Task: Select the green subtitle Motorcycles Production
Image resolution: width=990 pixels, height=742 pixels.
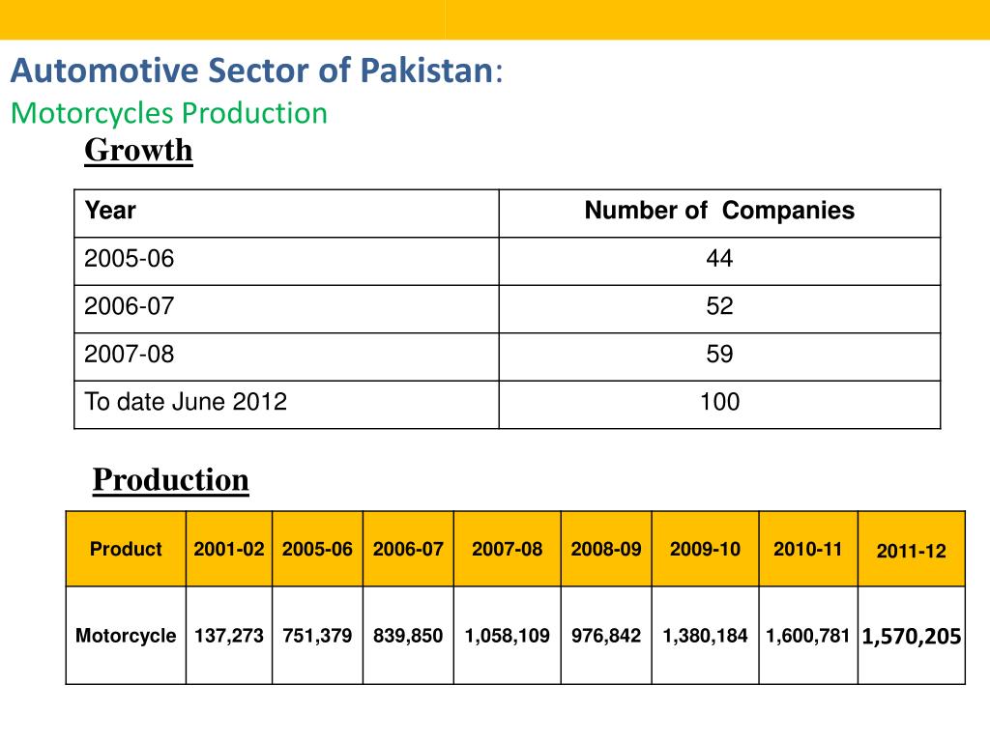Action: tap(169, 113)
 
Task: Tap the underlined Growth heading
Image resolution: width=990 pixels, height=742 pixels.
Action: tap(138, 151)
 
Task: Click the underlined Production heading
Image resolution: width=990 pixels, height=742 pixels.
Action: tap(170, 480)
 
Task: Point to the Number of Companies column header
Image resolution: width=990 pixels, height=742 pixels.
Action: tap(719, 211)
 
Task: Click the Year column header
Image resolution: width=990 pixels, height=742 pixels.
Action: tap(110, 211)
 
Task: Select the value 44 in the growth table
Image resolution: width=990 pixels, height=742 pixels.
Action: tap(719, 259)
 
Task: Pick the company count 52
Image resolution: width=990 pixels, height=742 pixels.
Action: tap(719, 307)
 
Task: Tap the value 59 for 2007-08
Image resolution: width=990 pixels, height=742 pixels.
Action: tap(719, 355)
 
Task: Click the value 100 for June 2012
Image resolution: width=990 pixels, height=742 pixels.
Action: tap(719, 403)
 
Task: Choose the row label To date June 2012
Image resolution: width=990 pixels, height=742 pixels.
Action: tap(186, 403)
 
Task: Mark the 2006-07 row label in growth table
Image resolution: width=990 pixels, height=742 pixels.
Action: tap(130, 307)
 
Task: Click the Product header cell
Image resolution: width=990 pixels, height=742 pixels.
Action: tap(126, 550)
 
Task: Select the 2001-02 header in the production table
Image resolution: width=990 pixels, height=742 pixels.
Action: tap(228, 550)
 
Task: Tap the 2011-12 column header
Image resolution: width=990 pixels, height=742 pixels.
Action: tap(911, 552)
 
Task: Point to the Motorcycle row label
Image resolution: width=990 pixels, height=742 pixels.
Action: tap(126, 636)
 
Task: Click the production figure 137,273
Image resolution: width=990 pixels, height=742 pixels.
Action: tap(228, 636)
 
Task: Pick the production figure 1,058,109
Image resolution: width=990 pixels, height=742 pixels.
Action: tap(507, 636)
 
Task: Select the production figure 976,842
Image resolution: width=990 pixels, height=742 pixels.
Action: tap(605, 636)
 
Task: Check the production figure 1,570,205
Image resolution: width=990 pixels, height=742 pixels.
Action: tap(911, 636)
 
